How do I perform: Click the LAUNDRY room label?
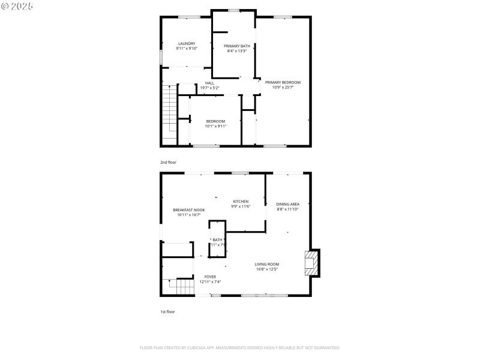pyautogui.click(x=187, y=43)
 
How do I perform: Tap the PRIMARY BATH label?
pyautogui.click(x=237, y=46)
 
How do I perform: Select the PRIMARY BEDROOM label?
pyautogui.click(x=283, y=82)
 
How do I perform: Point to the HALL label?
pyautogui.click(x=209, y=83)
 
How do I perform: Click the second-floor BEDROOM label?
pyautogui.click(x=215, y=121)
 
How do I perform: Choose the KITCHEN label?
pyautogui.click(x=241, y=202)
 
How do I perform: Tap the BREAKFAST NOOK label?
pyautogui.click(x=189, y=210)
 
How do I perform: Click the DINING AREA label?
pyautogui.click(x=287, y=204)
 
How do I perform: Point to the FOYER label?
pyautogui.click(x=210, y=277)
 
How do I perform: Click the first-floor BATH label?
pyautogui.click(x=217, y=240)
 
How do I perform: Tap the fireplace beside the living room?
pyautogui.click(x=312, y=262)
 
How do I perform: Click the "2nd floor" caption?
pyautogui.click(x=168, y=162)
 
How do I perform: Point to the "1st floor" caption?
pyautogui.click(x=167, y=312)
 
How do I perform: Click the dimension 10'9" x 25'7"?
pyautogui.click(x=283, y=88)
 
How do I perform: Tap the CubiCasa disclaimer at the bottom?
pyautogui.click(x=240, y=347)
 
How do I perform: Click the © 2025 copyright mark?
pyautogui.click(x=17, y=5)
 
